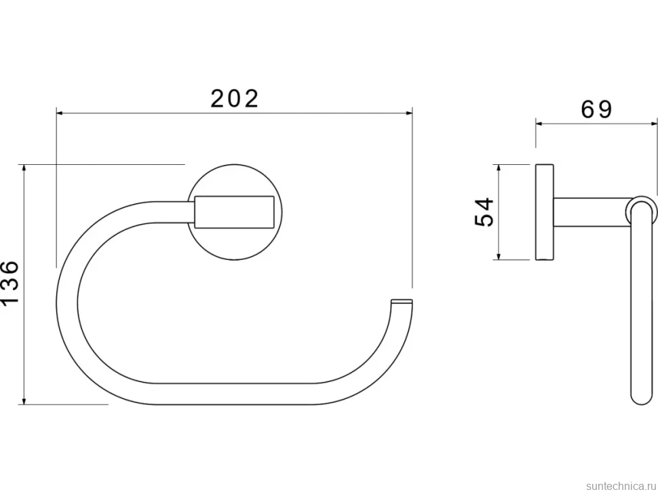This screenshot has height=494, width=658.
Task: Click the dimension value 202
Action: coord(234,98)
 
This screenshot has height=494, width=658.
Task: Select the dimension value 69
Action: coord(596,109)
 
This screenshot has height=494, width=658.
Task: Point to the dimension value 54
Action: coord(484,212)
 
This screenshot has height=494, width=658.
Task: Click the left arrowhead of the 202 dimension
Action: coord(60,113)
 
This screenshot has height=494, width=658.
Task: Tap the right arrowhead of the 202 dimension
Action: coord(409,113)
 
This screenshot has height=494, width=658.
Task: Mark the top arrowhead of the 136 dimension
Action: coord(24,168)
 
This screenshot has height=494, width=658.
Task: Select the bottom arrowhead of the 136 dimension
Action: coord(24,401)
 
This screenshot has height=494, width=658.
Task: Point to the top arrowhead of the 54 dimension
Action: coord(499,168)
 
